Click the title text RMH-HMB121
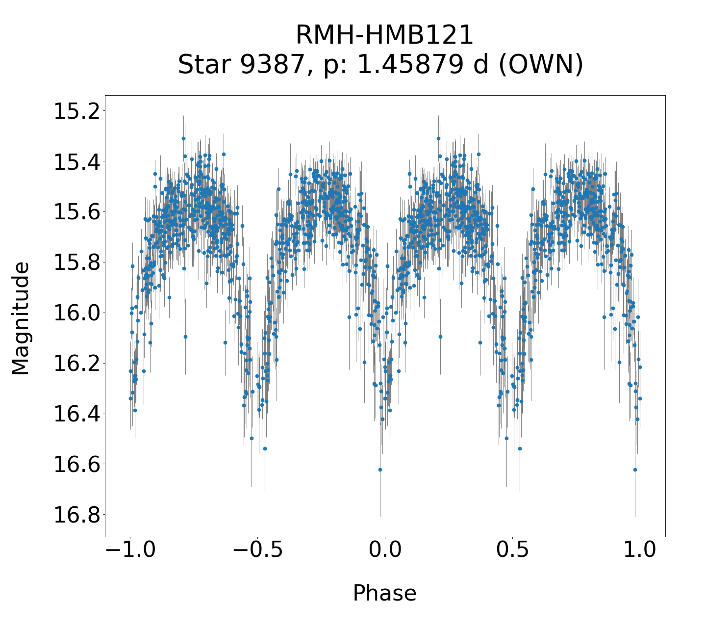point(384,35)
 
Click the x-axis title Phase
point(384,593)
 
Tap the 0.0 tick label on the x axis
point(385,550)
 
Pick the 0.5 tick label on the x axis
point(512,550)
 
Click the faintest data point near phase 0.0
point(380,470)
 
